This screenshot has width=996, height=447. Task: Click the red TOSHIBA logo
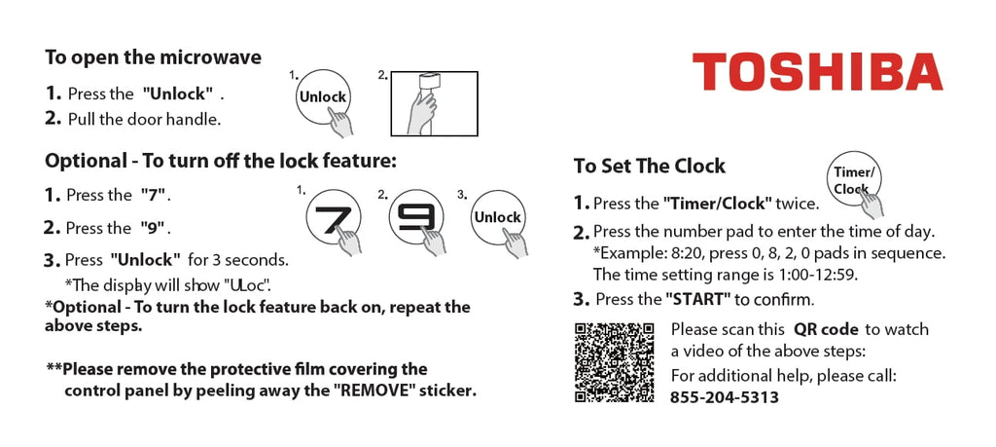(817, 72)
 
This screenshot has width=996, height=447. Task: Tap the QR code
(615, 362)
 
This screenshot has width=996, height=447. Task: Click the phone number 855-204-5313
(724, 397)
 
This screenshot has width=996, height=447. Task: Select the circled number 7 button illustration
(333, 217)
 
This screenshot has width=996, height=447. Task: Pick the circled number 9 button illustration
(416, 217)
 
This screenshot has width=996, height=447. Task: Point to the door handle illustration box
(434, 103)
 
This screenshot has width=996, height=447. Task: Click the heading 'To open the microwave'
(153, 57)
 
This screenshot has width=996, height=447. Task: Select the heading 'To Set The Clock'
(649, 166)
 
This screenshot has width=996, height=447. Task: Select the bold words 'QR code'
(826, 329)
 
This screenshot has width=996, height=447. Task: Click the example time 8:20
(685, 253)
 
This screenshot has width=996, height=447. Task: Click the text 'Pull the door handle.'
(144, 119)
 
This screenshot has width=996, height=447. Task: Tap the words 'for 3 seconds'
(238, 260)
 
